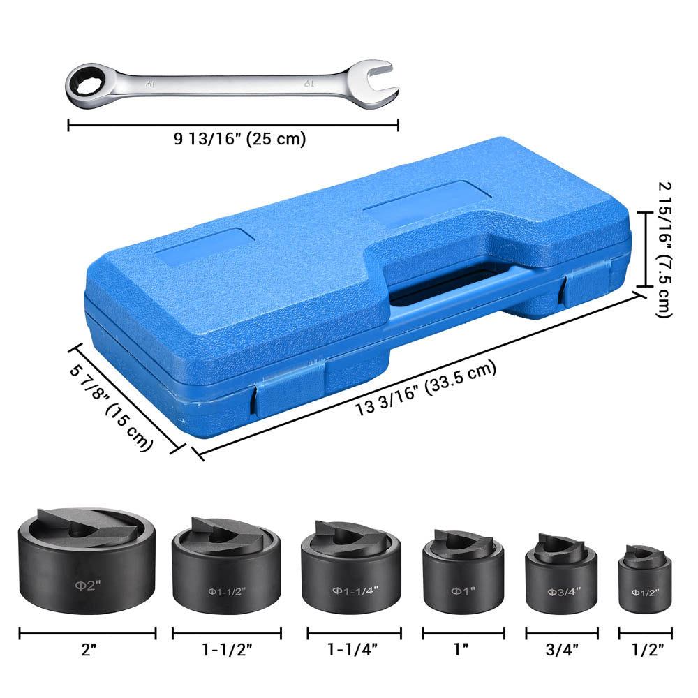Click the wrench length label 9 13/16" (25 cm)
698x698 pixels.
[x=239, y=139]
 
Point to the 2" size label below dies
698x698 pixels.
[x=88, y=650]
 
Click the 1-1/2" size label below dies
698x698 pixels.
[x=227, y=650]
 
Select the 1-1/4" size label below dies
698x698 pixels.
[x=354, y=650]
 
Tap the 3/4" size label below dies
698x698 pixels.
[x=561, y=650]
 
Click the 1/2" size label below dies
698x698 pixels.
[x=646, y=650]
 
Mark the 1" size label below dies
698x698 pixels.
[x=461, y=650]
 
